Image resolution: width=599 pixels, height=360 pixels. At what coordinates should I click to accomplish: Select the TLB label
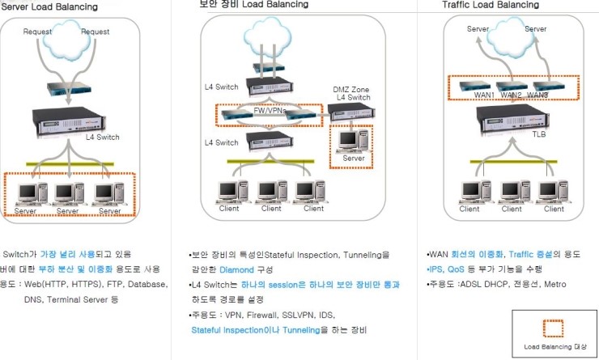(x=538, y=135)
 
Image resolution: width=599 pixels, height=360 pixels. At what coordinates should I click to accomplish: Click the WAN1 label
(x=483, y=95)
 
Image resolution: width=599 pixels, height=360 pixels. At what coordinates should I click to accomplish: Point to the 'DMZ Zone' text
(x=352, y=88)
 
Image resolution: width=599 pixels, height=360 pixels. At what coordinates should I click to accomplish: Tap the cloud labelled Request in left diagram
(x=67, y=36)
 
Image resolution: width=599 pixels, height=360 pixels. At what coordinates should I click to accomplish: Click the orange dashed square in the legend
(x=554, y=328)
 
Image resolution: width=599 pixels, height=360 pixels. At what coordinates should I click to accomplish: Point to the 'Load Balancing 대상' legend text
(x=554, y=347)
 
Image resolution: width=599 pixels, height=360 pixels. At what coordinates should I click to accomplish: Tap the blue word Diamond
(x=236, y=269)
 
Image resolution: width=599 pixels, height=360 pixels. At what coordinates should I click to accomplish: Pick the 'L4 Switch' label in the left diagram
(x=103, y=138)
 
